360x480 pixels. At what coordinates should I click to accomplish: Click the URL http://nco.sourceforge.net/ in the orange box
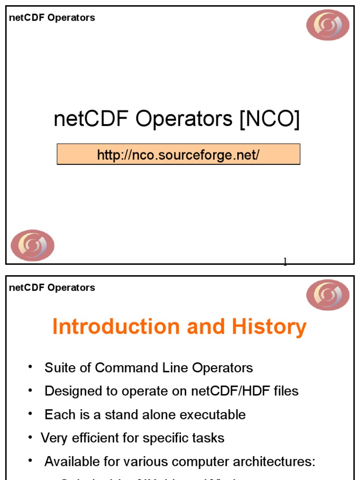tap(178, 155)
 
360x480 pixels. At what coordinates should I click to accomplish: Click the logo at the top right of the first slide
tap(328, 25)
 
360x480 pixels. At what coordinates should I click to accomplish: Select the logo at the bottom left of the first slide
tap(33, 245)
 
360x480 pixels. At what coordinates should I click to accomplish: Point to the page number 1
tap(285, 262)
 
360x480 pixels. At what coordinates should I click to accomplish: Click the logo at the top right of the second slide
tap(328, 295)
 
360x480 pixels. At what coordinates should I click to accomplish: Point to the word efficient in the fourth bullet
tap(90, 438)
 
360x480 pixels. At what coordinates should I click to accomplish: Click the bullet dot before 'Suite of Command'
tap(30, 367)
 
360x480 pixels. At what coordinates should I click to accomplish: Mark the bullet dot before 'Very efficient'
tap(30, 437)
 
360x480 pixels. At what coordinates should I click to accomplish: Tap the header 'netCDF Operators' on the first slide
tap(52, 18)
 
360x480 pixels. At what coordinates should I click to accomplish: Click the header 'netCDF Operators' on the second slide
tap(52, 288)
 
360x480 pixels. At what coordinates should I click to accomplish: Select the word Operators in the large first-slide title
tap(184, 120)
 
